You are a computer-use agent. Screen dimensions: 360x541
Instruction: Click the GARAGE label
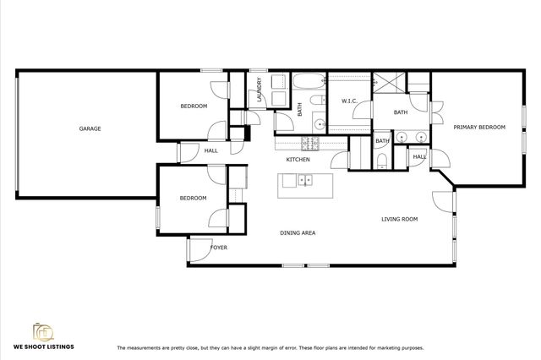[90, 129]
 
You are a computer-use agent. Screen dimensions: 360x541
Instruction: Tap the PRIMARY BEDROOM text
[478, 127]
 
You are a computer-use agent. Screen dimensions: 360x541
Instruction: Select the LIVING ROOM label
[399, 220]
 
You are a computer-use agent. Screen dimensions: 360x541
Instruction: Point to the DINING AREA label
[298, 232]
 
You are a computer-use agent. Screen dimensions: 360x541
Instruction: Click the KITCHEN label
[298, 160]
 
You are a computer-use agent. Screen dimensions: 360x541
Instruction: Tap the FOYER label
[219, 248]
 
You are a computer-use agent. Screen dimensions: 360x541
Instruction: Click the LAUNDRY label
[259, 91]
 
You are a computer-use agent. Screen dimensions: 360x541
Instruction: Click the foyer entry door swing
[199, 250]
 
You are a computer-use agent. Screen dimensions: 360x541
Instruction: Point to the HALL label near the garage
[210, 151]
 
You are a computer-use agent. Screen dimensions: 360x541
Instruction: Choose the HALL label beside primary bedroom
[419, 157]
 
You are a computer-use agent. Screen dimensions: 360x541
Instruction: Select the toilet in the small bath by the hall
[383, 161]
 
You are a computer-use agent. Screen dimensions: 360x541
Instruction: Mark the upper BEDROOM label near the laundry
[194, 106]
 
